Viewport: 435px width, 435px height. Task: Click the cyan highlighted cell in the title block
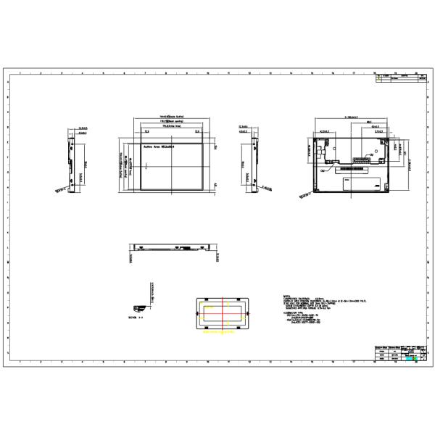411,358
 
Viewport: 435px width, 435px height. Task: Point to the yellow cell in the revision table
379,79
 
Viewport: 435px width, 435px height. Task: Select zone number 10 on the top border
208,74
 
